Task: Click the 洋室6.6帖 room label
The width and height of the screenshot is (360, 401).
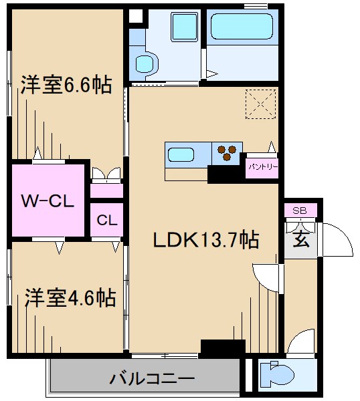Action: [66, 86]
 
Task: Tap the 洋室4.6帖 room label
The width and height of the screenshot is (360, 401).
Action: [70, 298]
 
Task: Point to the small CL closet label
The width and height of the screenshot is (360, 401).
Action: [106, 219]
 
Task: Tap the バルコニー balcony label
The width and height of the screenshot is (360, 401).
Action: [144, 380]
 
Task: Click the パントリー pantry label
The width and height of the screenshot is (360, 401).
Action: [262, 164]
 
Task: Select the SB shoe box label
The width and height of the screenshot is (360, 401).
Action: [300, 211]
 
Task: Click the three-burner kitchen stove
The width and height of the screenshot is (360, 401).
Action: [228, 153]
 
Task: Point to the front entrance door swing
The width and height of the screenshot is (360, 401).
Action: [335, 241]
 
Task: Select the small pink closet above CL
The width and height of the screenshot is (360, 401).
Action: [106, 190]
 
